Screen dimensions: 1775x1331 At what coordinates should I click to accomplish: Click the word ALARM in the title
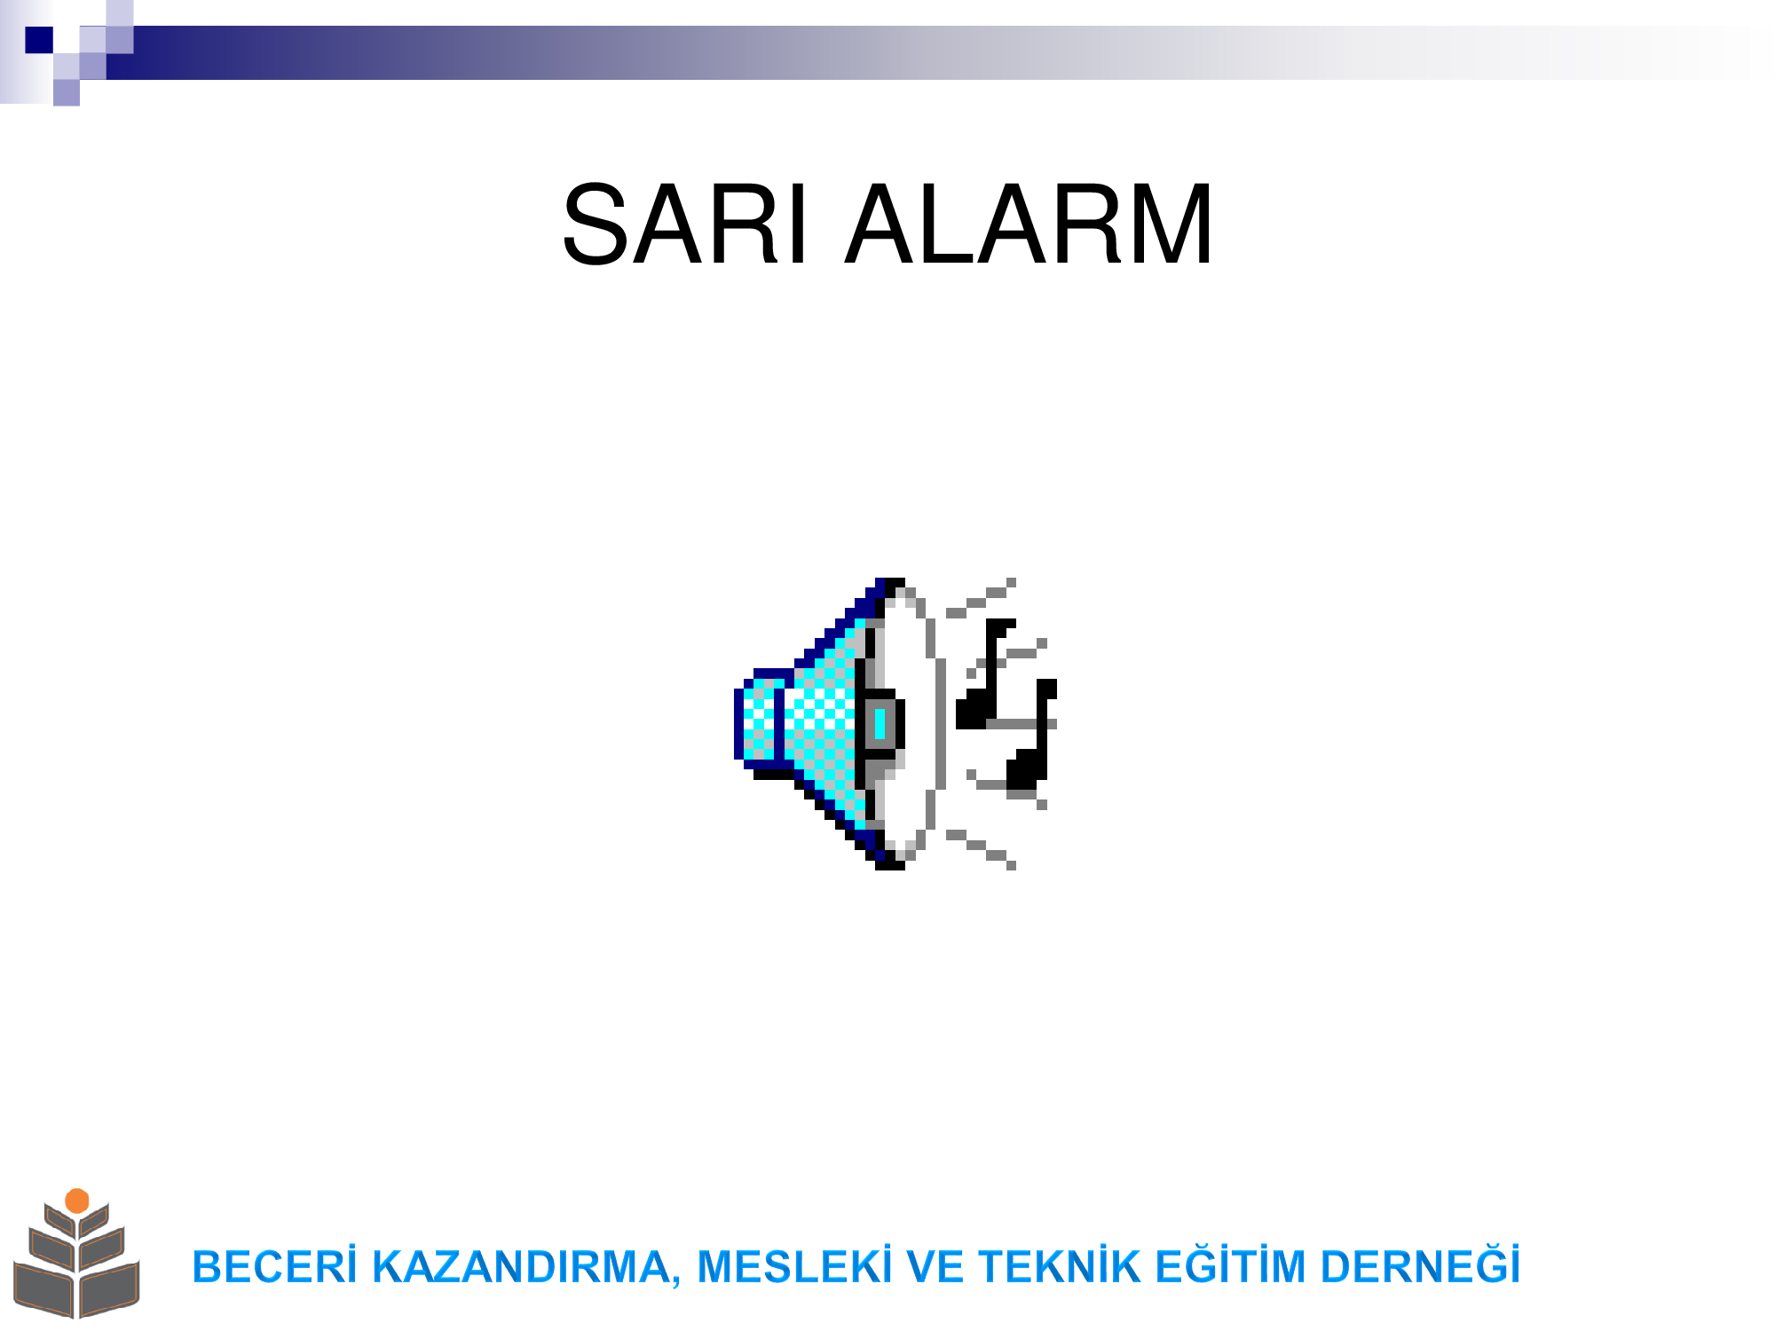click(x=1029, y=224)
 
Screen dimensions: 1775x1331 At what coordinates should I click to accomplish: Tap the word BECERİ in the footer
click(x=274, y=1266)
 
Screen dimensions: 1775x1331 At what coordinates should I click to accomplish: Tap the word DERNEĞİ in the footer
click(x=1420, y=1265)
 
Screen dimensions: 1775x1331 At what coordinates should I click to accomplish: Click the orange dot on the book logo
click(x=77, y=1201)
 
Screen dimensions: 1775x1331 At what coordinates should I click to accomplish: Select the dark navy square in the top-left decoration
click(x=39, y=40)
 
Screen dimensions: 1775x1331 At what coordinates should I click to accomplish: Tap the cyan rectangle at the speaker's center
click(x=880, y=724)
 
